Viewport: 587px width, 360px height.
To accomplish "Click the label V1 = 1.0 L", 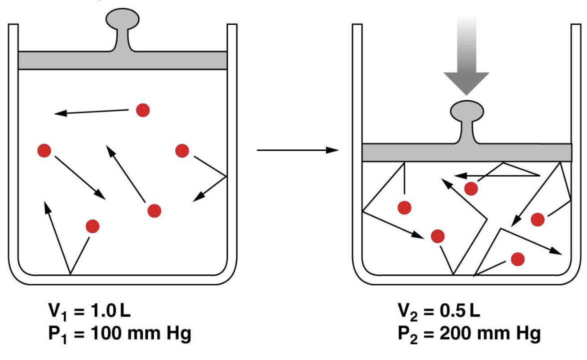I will pos(89,312).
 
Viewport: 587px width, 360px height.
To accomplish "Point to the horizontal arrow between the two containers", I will pos(298,149).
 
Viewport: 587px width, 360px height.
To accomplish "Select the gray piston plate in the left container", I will pos(122,60).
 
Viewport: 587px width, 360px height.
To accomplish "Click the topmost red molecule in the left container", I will pos(143,109).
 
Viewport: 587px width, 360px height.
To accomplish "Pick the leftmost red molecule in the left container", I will pos(44,150).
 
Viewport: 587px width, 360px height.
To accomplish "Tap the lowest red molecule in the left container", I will pos(92,226).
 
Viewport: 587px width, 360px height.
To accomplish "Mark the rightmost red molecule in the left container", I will pos(182,150).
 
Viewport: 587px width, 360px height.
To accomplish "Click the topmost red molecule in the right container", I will pos(470,188).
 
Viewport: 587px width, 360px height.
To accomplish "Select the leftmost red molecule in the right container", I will pos(404,206).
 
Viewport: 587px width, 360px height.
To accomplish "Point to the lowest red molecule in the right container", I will pos(517,259).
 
